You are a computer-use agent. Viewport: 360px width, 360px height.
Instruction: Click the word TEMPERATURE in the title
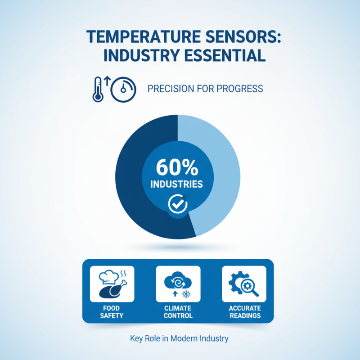coord(133,37)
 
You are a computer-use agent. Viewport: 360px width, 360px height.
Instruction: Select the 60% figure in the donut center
coord(177,168)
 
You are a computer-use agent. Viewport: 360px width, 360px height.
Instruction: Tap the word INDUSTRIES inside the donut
coord(176,184)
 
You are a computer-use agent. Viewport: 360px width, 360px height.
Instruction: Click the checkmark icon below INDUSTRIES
coord(177,204)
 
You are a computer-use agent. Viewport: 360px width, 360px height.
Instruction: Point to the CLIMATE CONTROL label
coord(178,312)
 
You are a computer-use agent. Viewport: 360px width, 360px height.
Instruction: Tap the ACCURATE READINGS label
coord(244,312)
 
